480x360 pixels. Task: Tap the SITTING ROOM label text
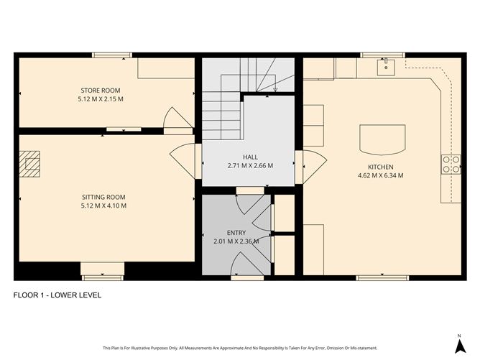click(103, 196)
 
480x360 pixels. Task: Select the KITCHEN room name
click(380, 166)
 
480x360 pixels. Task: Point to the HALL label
click(250, 157)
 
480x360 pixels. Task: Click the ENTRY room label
click(236, 233)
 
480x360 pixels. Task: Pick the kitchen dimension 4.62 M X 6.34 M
click(380, 175)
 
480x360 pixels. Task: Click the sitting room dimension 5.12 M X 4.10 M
click(103, 205)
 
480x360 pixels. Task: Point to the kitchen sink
click(386, 67)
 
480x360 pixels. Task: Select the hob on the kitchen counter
click(451, 165)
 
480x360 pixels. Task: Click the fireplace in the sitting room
click(31, 163)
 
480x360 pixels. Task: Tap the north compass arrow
click(458, 342)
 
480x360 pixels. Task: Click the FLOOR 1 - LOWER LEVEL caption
click(58, 295)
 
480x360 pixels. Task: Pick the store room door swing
click(175, 118)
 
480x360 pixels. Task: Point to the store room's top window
click(112, 55)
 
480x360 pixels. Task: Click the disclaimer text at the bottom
click(239, 347)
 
